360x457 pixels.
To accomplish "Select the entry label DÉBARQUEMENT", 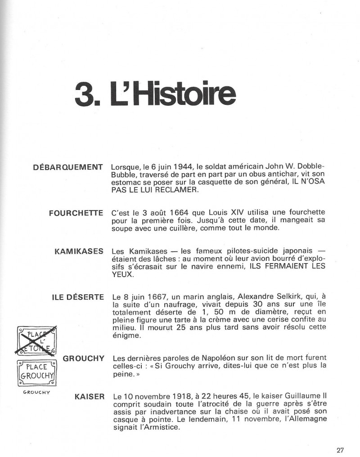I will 68,168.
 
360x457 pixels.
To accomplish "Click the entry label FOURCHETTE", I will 76,213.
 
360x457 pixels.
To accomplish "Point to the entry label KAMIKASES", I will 79,251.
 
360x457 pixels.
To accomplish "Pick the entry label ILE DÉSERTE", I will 78,297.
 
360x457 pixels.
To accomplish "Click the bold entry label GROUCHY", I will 84,358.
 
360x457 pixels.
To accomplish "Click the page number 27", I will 340,450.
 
